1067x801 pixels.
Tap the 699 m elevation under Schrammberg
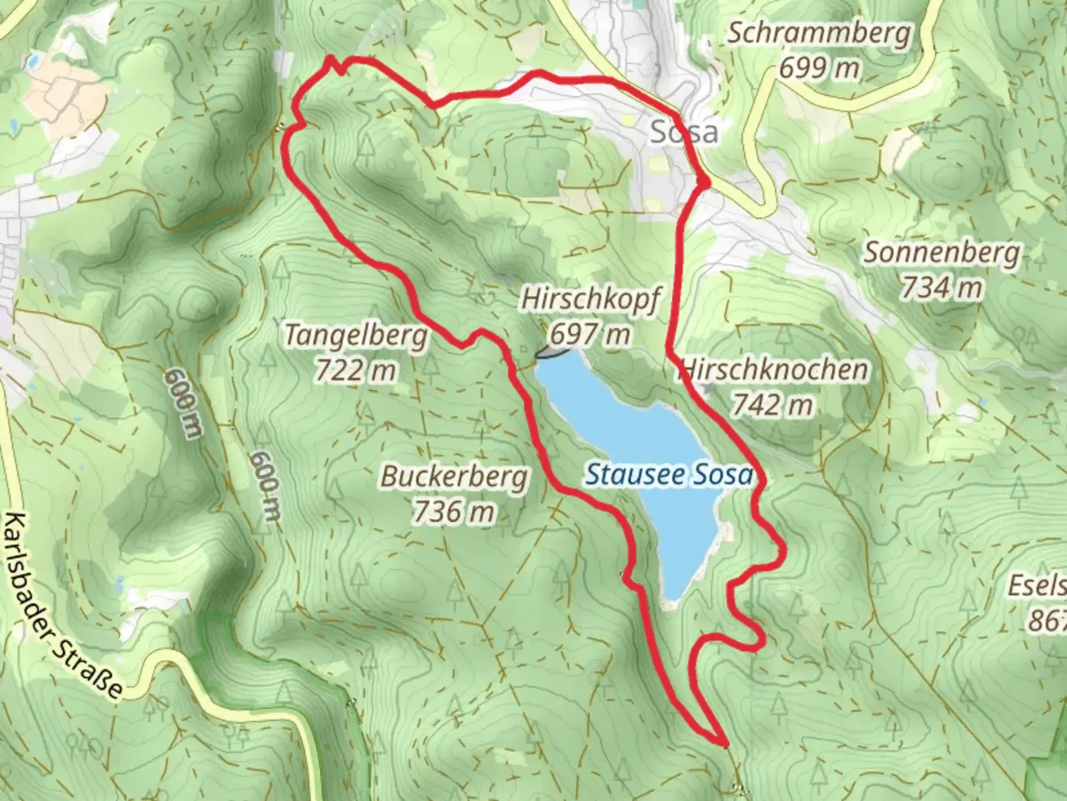coord(819,68)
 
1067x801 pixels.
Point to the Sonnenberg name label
coord(942,253)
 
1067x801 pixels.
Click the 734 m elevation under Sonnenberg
coord(942,287)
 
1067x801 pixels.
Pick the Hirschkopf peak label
coord(590,299)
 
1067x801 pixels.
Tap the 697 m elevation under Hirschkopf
coord(590,334)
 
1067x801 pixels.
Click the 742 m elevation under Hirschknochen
coord(773,404)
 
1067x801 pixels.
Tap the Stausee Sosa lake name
coord(668,475)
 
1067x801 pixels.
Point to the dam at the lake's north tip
coord(554,354)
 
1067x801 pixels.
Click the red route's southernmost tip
coord(723,741)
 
